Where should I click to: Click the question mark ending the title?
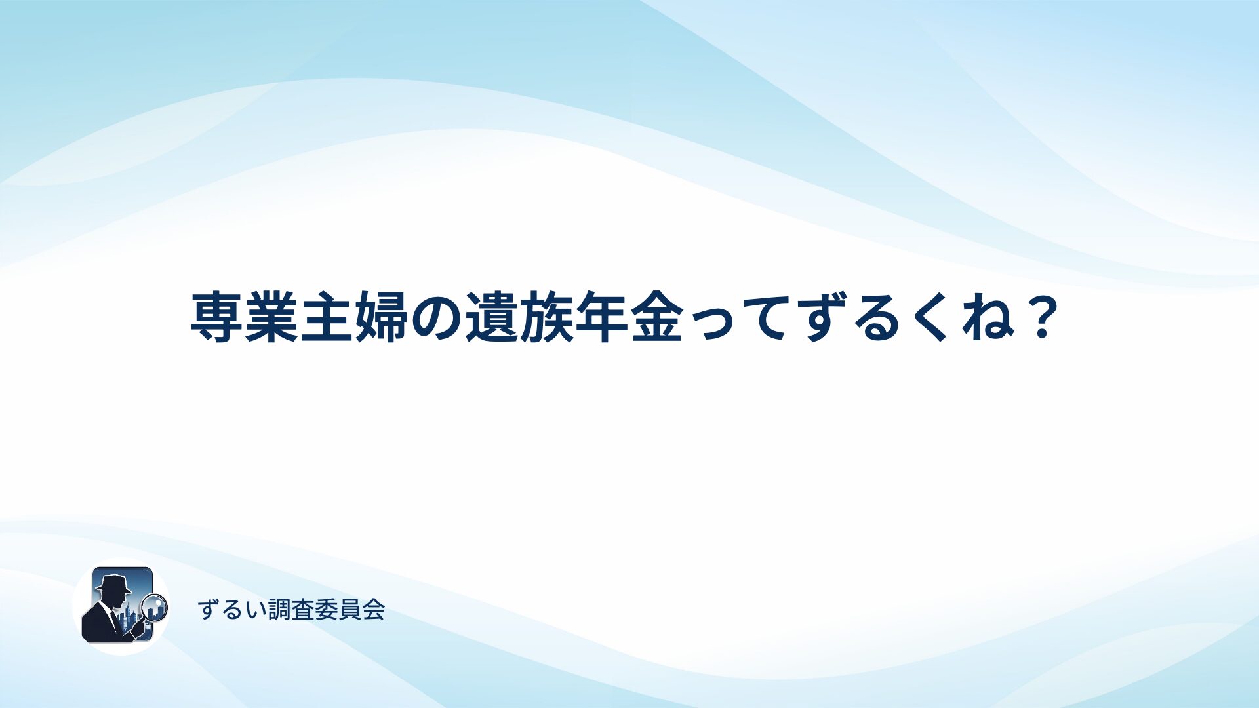coord(1041,317)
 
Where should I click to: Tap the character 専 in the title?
coord(217,317)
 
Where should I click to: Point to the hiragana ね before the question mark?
coord(986,319)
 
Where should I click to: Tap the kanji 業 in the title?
coord(271,317)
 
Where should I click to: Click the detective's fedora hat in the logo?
coord(113,583)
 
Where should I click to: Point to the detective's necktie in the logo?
coord(113,619)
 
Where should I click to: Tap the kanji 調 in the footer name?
coord(279,610)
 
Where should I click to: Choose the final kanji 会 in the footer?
coord(374,610)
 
